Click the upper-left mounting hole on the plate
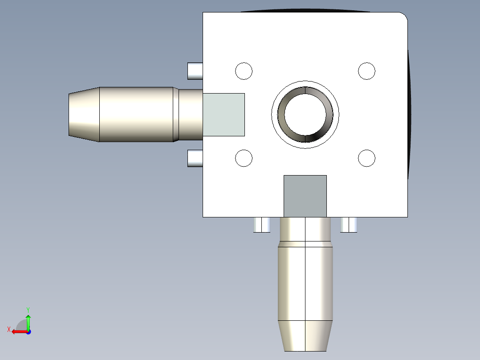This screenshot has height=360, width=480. [x=244, y=71]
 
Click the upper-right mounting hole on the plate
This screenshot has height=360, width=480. [x=367, y=71]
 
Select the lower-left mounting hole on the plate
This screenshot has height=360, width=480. [x=244, y=158]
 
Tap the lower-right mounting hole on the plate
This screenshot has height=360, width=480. [x=367, y=158]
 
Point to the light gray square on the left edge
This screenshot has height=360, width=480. [x=224, y=115]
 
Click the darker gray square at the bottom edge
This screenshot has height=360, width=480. [x=305, y=196]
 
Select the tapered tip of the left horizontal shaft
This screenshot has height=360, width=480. [x=84, y=115]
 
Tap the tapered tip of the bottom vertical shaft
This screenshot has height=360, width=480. [x=305, y=335]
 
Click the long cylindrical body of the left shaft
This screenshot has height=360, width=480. [x=136, y=115]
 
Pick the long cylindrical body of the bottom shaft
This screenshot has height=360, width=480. [x=305, y=283]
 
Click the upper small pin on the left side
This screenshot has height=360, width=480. [x=195, y=71]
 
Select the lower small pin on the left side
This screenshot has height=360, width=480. [x=195, y=159]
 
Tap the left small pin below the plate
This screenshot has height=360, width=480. [x=262, y=225]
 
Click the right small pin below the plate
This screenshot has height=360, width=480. [x=349, y=225]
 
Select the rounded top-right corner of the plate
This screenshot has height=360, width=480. [x=403, y=17]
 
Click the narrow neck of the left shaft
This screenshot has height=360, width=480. [x=191, y=115]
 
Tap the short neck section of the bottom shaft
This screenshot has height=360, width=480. [x=305, y=229]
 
